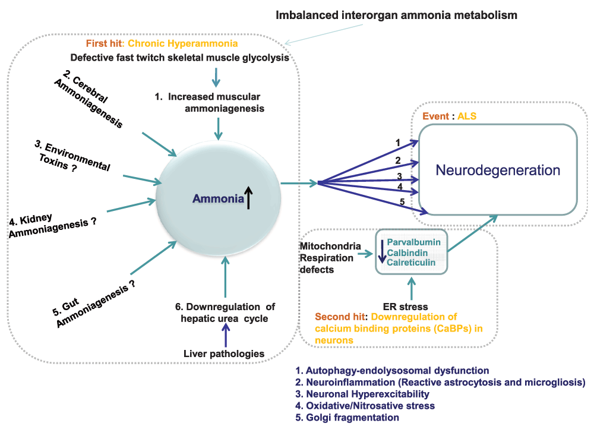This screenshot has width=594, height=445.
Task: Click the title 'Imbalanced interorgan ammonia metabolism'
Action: tap(396, 15)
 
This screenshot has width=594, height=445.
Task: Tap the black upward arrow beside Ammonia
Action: tap(249, 198)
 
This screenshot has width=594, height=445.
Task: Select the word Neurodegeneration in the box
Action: tap(498, 171)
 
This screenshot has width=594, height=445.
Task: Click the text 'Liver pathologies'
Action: tap(225, 354)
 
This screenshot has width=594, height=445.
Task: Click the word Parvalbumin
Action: tap(414, 242)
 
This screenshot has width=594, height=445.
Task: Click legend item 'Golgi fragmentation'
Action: tap(347, 418)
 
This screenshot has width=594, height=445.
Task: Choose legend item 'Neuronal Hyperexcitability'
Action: tap(362, 394)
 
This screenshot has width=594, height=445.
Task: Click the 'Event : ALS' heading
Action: tap(449, 116)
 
